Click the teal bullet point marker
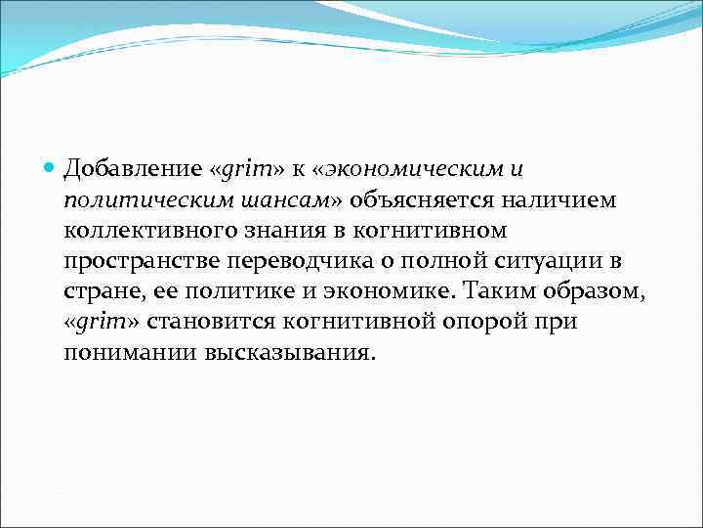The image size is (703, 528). [52, 169]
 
